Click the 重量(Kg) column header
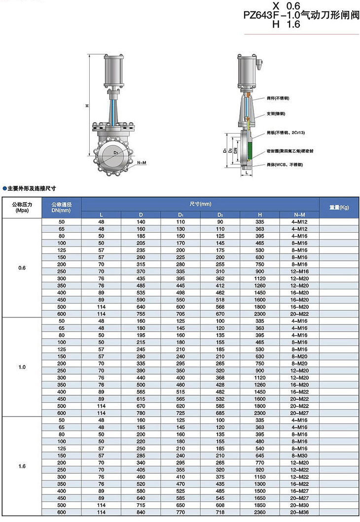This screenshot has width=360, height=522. [x=339, y=207]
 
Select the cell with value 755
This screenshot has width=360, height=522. [x=141, y=314]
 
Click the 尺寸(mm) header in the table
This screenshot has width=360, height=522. [x=200, y=203]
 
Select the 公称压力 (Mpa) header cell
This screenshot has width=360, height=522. [x=22, y=207]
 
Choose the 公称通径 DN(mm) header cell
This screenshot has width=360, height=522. [x=62, y=207]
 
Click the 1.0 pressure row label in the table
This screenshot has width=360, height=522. [x=22, y=367]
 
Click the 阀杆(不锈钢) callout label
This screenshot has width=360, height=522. [x=278, y=99]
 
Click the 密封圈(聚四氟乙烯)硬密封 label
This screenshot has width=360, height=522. [x=289, y=151]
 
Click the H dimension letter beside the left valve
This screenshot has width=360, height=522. [x=87, y=106]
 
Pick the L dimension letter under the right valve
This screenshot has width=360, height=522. [x=246, y=174]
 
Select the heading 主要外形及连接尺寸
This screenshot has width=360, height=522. [x=31, y=188]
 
